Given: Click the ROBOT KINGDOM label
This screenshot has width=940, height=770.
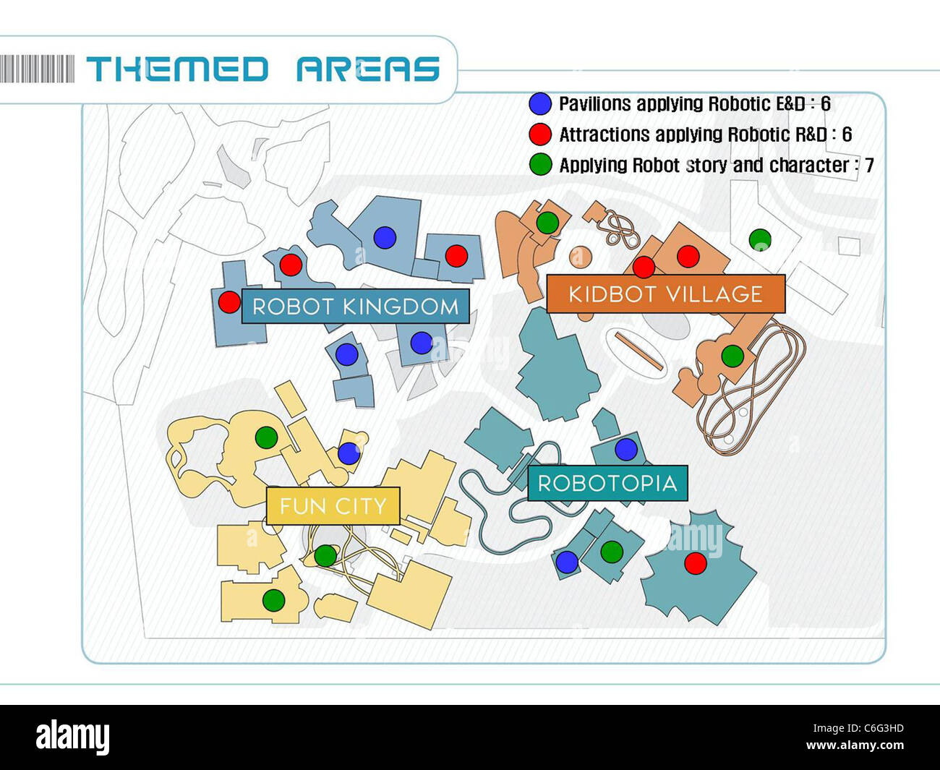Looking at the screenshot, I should click(x=355, y=306).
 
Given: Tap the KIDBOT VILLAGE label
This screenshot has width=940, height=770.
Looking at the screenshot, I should click(x=665, y=294).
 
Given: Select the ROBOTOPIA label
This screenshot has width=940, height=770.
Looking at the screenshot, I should click(x=607, y=483).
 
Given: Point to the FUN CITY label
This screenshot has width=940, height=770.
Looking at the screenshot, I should click(x=333, y=506).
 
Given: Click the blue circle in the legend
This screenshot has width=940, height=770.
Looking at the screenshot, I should click(x=540, y=104).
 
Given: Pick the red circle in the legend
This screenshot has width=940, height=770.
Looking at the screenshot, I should click(x=540, y=134).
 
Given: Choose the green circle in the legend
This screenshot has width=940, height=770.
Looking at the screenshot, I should click(x=540, y=165).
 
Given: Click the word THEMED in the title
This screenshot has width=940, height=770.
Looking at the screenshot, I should click(x=178, y=69).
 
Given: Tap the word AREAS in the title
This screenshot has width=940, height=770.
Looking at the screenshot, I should click(x=368, y=69).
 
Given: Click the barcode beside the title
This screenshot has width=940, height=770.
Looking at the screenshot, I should click(x=37, y=69).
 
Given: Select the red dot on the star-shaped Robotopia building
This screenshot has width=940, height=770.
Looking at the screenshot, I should click(x=696, y=563).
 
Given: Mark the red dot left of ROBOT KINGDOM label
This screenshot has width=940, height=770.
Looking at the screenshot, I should click(x=229, y=301).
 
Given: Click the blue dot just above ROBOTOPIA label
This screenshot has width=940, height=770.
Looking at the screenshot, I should click(x=626, y=449).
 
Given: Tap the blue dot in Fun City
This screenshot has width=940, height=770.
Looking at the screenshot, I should click(x=349, y=453).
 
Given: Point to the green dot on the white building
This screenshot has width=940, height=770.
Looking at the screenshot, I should click(x=760, y=239).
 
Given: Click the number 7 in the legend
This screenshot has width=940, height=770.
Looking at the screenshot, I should click(x=869, y=166).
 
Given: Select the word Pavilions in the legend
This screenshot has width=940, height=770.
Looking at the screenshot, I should click(x=595, y=104).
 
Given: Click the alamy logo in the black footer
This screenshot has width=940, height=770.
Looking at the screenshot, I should click(x=72, y=737).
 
